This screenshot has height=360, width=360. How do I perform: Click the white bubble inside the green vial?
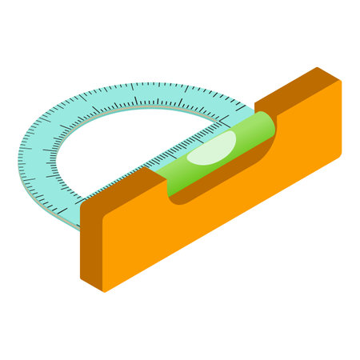211,151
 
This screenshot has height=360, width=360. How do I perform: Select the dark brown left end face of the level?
91,240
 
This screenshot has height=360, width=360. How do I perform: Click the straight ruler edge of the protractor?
160,164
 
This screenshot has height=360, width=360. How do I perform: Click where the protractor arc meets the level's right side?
254,107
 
